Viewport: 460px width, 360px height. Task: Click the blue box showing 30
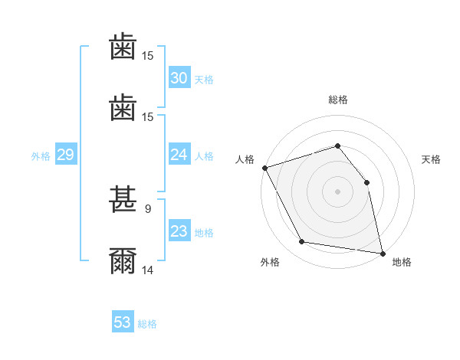pyautogui.click(x=179, y=77)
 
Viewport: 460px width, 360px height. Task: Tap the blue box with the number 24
pyautogui.click(x=179, y=155)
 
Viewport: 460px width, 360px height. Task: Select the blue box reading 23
pyautogui.click(x=179, y=231)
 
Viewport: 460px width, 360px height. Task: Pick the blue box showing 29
pyautogui.click(x=66, y=155)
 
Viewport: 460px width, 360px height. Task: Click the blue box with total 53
pyautogui.click(x=123, y=322)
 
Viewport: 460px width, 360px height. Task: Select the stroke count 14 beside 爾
pyautogui.click(x=148, y=270)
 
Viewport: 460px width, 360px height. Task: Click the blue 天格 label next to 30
pyautogui.click(x=204, y=79)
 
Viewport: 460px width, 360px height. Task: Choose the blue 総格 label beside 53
pyautogui.click(x=147, y=324)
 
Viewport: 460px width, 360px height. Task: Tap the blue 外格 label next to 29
pyautogui.click(x=41, y=155)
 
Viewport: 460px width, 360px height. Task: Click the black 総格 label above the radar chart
pyautogui.click(x=338, y=100)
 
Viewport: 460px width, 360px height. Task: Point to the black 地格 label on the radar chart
pyautogui.click(x=402, y=262)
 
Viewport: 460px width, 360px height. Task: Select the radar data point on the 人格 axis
pyautogui.click(x=264, y=168)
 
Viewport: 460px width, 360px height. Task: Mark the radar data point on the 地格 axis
pyautogui.click(x=382, y=252)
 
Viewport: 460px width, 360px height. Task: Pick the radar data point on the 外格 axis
pyautogui.click(x=302, y=242)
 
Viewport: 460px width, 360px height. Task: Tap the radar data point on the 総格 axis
pyautogui.click(x=337, y=146)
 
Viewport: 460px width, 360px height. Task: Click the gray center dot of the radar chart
pyautogui.click(x=337, y=191)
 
